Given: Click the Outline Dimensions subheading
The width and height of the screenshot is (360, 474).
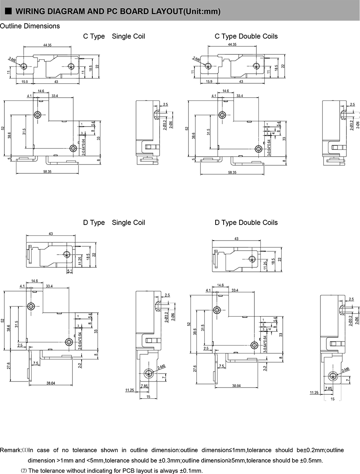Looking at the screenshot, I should [x=30, y=26].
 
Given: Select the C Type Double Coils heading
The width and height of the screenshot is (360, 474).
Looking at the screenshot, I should [x=246, y=36].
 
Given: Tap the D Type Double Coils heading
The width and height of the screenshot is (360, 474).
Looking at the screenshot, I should [x=246, y=223].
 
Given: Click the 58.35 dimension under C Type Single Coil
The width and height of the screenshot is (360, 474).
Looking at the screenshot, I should [x=47, y=172].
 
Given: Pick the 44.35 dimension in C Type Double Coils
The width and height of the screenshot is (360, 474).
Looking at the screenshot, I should [x=232, y=45].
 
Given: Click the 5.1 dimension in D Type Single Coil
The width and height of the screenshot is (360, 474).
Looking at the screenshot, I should [x=70, y=271].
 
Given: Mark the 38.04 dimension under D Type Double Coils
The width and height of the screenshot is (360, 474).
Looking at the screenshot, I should [x=236, y=386].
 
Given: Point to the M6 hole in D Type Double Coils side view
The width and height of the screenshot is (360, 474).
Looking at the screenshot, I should [x=333, y=376].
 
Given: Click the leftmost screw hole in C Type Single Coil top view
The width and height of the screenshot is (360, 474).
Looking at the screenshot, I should [x=24, y=66].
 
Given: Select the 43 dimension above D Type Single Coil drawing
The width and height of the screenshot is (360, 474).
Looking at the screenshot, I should [x=50, y=233].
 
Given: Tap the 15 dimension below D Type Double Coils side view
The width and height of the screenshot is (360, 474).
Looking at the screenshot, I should [x=333, y=399].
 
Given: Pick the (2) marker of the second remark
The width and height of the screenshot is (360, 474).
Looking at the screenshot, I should [x=24, y=470].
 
